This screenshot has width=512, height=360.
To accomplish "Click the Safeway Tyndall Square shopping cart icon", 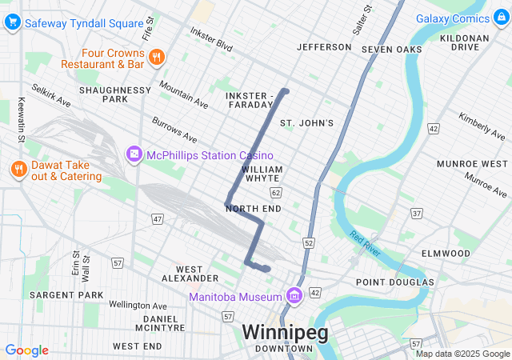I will pos(13,23).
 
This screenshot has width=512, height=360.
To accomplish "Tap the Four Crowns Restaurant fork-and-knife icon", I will pos(156,56).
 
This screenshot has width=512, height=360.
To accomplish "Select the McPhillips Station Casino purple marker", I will pos(134,154).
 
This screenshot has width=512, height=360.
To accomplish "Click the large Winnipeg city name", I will pos(284,332).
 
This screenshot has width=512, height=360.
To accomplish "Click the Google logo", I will pos(26,350).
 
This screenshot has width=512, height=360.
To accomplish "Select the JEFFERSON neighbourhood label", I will pos(324,47).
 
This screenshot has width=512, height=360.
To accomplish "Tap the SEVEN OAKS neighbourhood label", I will pos(391,50).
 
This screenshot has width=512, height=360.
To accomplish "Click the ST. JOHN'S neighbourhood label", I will pos(306,122).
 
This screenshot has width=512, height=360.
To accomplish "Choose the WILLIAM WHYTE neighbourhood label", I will pos(262,174).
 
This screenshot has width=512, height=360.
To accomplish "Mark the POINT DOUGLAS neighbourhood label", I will pos(395,282).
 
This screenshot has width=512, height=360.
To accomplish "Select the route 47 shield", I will pos(158,218).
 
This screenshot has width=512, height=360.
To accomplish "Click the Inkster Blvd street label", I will pos(211,39).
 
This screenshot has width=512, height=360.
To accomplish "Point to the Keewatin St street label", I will pos(20,120).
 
